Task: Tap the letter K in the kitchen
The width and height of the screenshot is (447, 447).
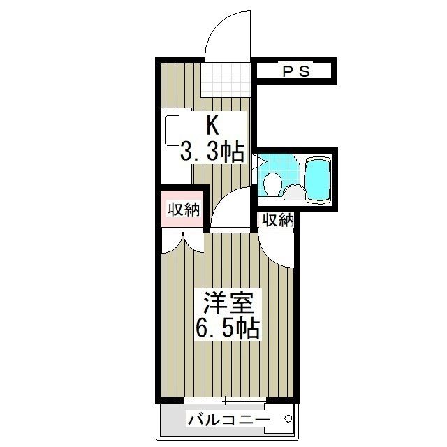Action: tap(212, 126)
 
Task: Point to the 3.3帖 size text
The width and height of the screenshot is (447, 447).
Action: tap(212, 151)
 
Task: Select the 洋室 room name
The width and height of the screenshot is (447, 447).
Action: tap(223, 304)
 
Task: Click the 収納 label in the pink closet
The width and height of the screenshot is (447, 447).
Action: tap(184, 209)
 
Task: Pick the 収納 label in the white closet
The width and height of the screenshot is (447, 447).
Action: tap(277, 220)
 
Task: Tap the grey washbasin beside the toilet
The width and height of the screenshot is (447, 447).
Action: tap(294, 193)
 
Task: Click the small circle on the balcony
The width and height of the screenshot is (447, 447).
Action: tap(286, 419)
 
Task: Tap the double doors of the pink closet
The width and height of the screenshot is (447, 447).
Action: tap(183, 241)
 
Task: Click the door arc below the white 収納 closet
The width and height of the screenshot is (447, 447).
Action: tap(276, 244)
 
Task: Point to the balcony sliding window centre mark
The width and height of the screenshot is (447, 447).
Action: tap(226, 401)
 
